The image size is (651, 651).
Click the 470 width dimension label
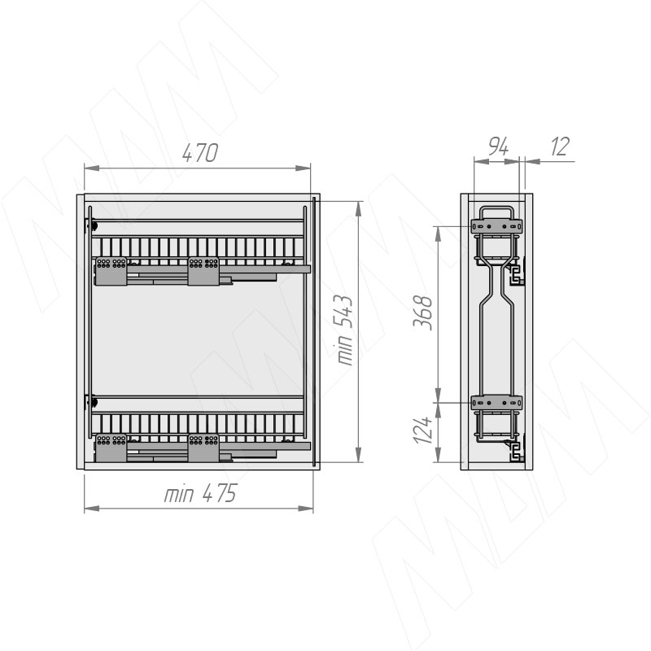[x=199, y=153]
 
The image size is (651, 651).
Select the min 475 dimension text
[x=200, y=493]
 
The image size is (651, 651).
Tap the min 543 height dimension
[x=345, y=330]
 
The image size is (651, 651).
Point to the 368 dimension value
[x=423, y=312]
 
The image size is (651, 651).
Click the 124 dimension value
[x=423, y=430]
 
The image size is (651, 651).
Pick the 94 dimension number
[x=498, y=146]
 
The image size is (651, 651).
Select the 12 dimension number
[x=560, y=146]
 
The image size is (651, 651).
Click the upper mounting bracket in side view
[x=496, y=226]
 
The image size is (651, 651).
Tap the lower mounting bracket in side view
[x=496, y=402]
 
